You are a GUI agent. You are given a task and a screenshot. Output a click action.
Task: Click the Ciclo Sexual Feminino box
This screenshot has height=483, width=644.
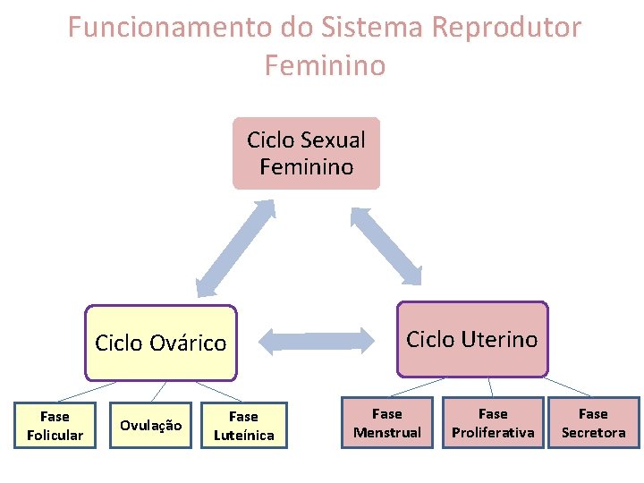pyautogui.click(x=306, y=153)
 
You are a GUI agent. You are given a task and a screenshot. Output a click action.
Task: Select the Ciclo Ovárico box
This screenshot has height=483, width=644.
pyautogui.click(x=161, y=343)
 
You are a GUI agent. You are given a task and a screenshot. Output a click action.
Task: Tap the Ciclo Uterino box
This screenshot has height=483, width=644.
pyautogui.click(x=471, y=339)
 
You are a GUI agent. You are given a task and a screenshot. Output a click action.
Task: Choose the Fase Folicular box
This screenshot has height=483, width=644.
pyautogui.click(x=55, y=425)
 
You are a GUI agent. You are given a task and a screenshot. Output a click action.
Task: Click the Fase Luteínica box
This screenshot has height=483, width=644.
pyautogui.click(x=243, y=425)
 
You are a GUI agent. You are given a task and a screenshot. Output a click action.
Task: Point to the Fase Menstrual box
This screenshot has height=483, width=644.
pyautogui.click(x=387, y=423)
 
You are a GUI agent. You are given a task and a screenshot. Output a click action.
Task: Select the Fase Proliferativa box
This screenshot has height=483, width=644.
pyautogui.click(x=493, y=423)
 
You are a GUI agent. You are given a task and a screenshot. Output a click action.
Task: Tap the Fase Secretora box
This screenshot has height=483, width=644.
pyautogui.click(x=593, y=423)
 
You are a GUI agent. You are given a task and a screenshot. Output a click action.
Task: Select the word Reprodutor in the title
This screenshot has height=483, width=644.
pyautogui.click(x=506, y=28)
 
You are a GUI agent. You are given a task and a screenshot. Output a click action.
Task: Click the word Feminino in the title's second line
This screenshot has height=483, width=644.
pyautogui.click(x=325, y=65)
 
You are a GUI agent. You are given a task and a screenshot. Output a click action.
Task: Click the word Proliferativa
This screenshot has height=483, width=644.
pyautogui.click(x=493, y=433)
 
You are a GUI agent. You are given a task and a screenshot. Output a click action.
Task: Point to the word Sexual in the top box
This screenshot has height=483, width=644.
pyautogui.click(x=334, y=140)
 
